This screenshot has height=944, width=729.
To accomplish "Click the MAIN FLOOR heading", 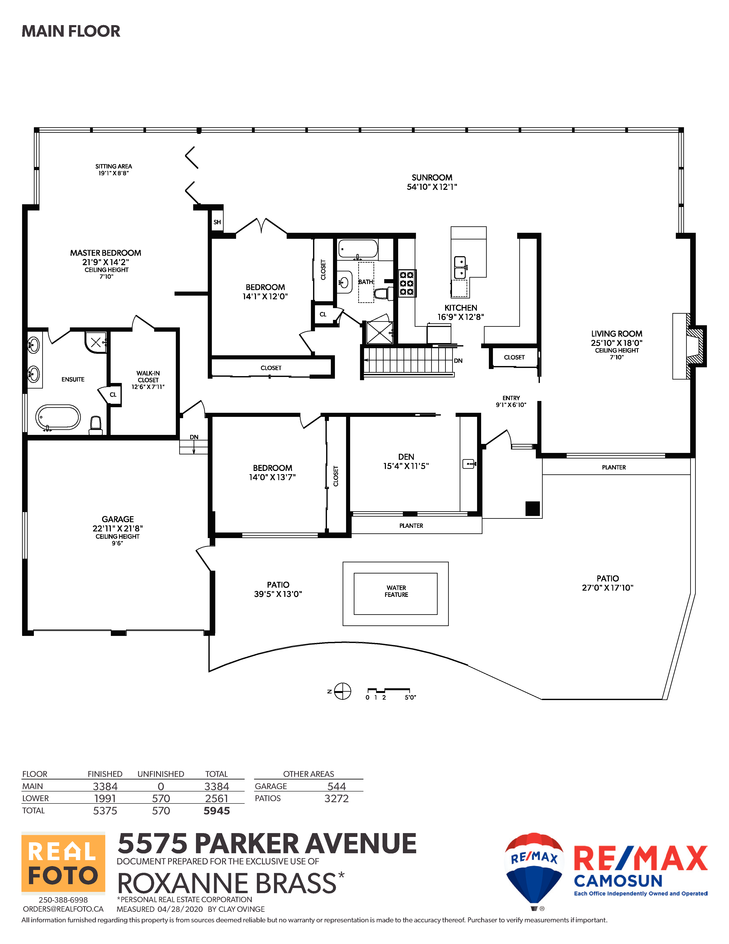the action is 71,31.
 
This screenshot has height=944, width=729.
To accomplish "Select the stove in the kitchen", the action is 406,283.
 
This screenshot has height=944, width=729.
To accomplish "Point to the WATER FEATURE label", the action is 396,591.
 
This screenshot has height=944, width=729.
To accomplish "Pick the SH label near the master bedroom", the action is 217,222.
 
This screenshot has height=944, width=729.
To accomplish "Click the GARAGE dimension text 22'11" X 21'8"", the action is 117,528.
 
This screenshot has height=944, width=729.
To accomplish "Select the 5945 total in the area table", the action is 217,811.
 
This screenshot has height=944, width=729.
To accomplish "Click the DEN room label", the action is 406,457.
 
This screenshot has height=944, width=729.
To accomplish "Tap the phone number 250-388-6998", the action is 63,900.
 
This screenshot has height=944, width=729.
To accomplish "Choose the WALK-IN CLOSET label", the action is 148,377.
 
